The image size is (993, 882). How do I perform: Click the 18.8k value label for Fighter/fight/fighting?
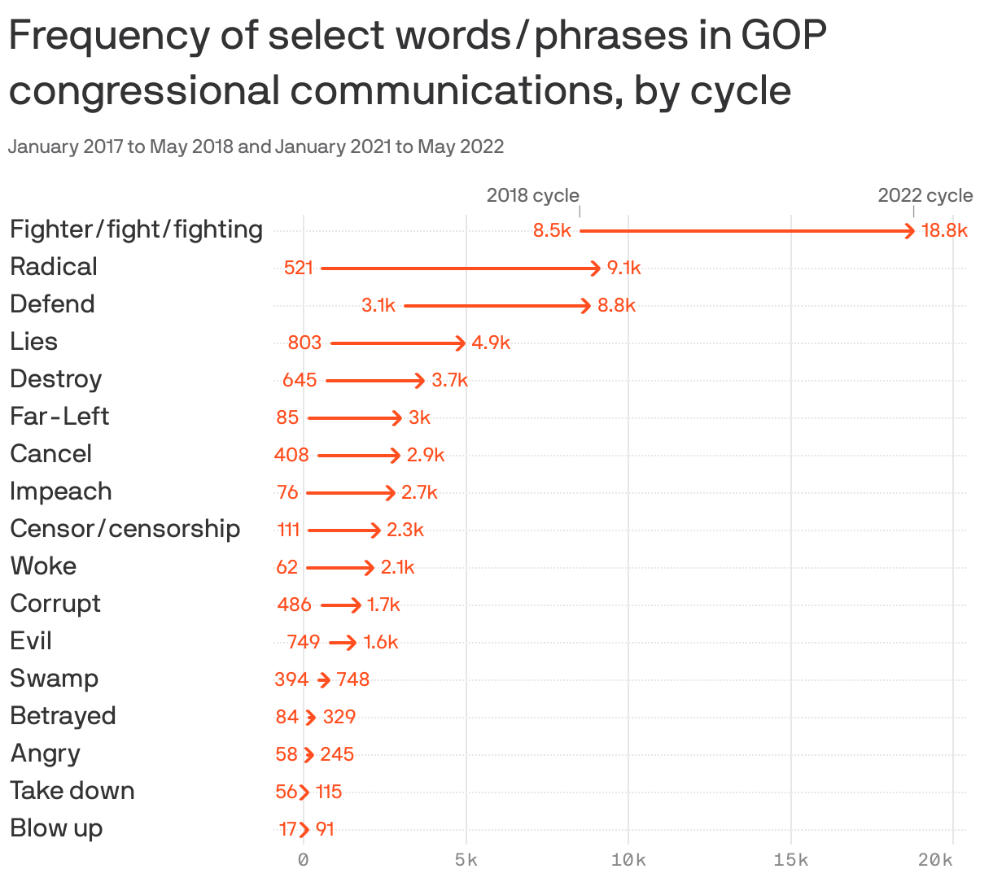944,230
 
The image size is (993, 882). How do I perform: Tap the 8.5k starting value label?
552,230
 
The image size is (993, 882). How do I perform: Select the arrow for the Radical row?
461,268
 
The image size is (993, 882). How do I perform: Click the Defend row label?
53,304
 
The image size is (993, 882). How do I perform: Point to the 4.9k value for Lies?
491,343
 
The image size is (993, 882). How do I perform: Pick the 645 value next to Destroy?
300,380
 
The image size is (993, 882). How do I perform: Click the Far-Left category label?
59,417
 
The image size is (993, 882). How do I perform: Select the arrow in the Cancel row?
359,455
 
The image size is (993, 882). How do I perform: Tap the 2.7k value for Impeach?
419,492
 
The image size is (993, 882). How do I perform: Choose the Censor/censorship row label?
125,529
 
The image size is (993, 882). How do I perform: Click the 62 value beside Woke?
287,567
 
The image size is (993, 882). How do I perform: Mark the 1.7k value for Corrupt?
383,605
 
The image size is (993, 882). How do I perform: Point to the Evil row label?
31,641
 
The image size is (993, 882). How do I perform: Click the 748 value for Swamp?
353,679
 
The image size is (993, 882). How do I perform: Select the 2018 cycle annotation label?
532,195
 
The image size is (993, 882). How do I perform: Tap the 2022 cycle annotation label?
925,195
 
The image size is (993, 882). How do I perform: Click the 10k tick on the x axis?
628,860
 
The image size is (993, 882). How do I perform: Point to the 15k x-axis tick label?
791,860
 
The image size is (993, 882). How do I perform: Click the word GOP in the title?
784,36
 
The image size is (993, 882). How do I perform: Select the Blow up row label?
56,828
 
